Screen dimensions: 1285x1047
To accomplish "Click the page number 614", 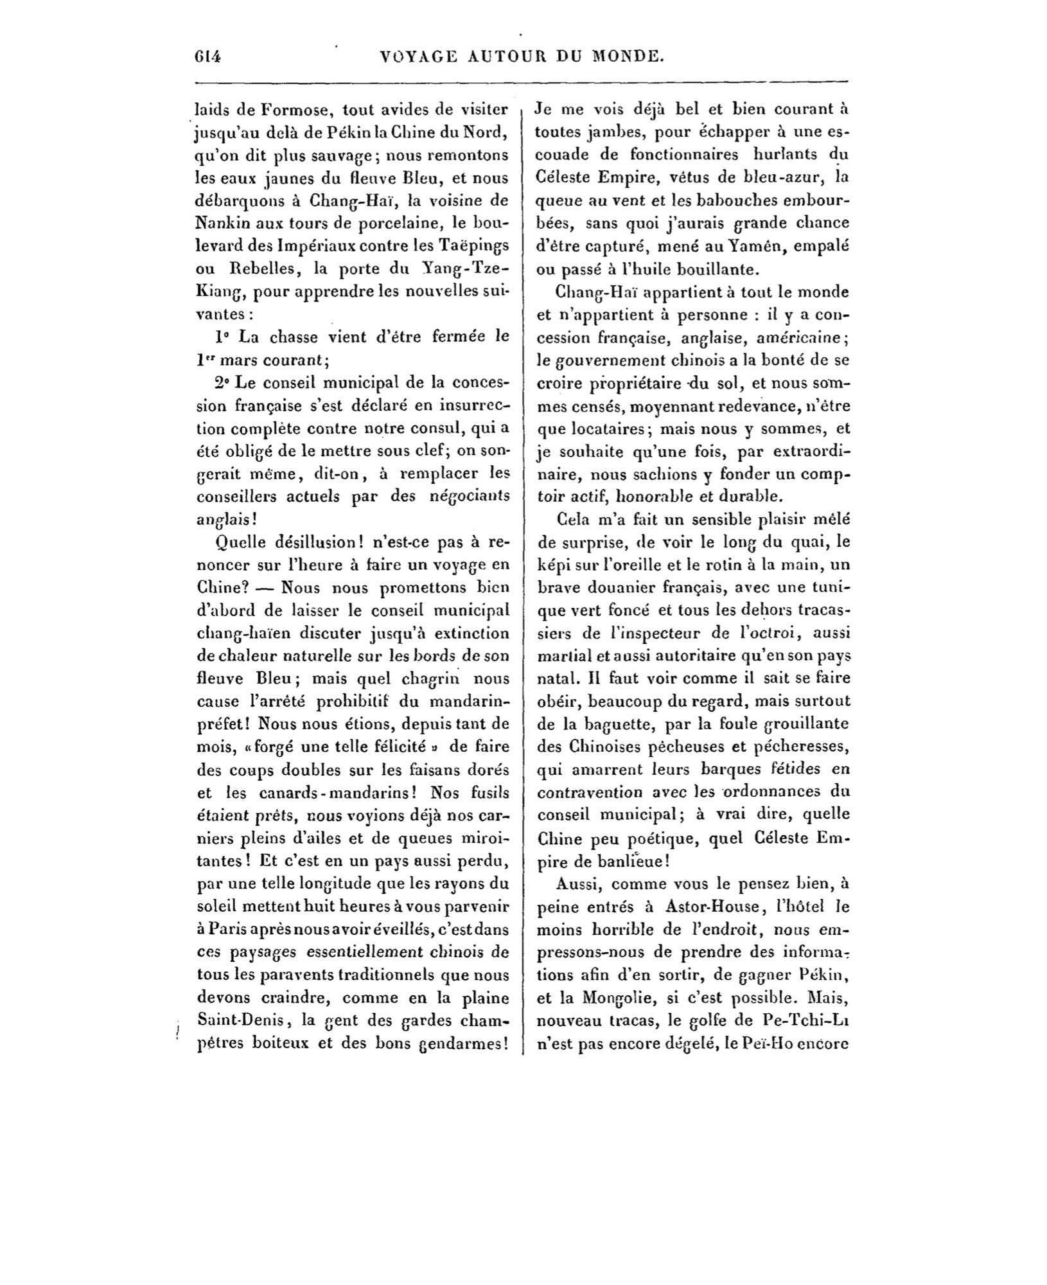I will point(207,57).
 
